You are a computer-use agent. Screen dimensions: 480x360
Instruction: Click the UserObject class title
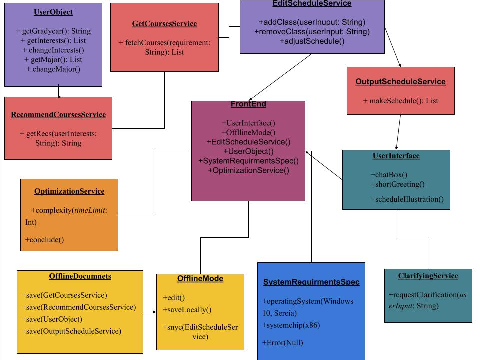coord(53,12)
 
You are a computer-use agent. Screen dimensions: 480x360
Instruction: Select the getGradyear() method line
coord(53,31)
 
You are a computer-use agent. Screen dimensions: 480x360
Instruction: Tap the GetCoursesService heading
coord(164,24)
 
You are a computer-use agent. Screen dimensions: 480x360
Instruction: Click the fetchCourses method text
coord(164,47)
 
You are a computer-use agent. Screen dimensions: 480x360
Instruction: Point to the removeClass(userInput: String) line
coord(312,32)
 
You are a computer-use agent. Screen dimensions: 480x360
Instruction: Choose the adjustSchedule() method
coord(312,41)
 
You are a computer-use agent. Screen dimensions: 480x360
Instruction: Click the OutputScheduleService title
coord(400,81)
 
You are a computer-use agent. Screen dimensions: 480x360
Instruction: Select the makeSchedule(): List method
coord(400,101)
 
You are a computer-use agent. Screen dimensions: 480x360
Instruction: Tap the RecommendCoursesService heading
coord(58,115)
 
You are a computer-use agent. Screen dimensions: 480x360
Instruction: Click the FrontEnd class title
coord(248,104)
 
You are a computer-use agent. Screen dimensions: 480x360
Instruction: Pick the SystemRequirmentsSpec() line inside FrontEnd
coord(248,161)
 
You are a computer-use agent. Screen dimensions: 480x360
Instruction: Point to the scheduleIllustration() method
coord(407,199)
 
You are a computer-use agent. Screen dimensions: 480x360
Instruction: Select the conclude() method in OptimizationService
coord(44,240)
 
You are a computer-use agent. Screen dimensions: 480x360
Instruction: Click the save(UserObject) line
coord(52,319)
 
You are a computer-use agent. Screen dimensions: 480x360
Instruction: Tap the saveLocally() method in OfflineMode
coord(187,310)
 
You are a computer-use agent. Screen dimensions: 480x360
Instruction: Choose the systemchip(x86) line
coord(291,325)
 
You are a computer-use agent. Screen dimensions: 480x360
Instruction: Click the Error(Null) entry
coord(283,343)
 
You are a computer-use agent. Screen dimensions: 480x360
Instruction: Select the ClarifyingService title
coord(428,276)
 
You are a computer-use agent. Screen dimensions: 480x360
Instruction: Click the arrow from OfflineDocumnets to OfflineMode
coord(149,312)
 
